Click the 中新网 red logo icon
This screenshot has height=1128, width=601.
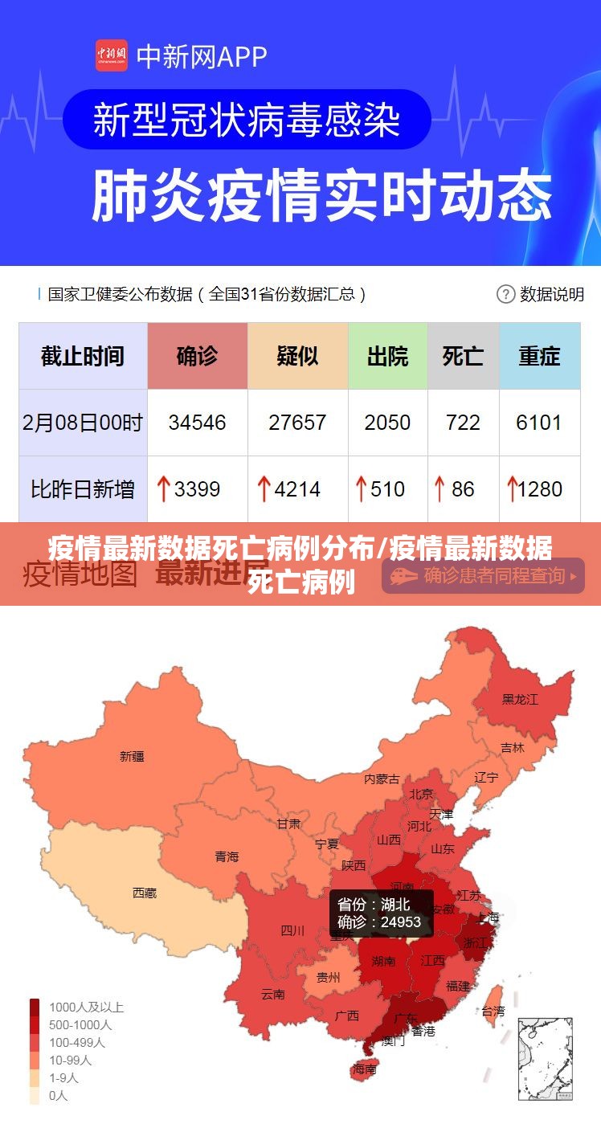[112, 55]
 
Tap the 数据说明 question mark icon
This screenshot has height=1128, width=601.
[505, 294]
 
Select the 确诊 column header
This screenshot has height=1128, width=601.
[197, 356]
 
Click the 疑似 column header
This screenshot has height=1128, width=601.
[297, 356]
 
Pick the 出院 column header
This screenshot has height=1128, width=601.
[387, 356]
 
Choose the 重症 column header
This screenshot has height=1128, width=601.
[539, 356]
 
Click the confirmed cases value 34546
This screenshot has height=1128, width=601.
[197, 423]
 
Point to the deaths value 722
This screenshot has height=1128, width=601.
[463, 423]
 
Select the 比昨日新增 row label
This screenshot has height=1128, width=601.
[83, 488]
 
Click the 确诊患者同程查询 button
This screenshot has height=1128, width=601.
[483, 575]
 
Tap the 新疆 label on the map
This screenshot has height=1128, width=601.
[132, 756]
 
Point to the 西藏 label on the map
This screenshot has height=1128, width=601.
[145, 893]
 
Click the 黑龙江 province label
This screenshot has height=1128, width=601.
[520, 700]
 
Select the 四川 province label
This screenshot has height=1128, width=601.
[292, 931]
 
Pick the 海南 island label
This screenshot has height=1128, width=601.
[364, 1069]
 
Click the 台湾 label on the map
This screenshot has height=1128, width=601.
[493, 1012]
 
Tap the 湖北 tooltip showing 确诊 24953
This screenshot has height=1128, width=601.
[381, 913]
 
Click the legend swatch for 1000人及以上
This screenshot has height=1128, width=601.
[35, 1007]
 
